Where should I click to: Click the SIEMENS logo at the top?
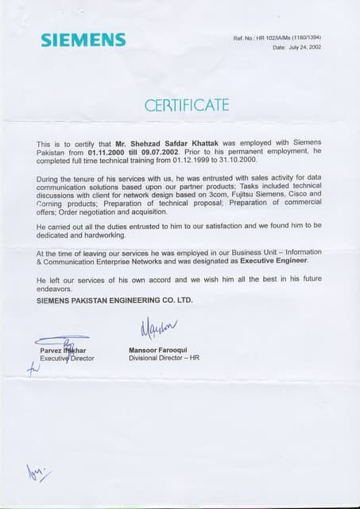point(83,40)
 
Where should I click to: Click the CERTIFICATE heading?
point(187,105)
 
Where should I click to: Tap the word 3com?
point(238,193)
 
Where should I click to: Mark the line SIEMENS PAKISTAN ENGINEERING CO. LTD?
point(114,300)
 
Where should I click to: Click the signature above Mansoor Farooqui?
point(159,328)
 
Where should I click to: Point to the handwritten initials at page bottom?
point(38,474)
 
